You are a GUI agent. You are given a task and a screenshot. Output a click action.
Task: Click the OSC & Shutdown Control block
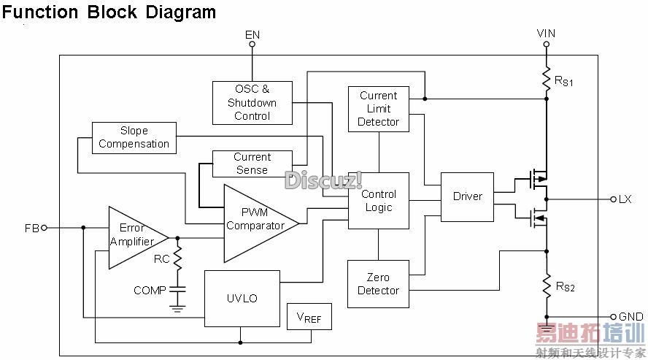pos(252,102)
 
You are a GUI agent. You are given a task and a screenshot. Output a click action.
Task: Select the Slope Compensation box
pos(134,138)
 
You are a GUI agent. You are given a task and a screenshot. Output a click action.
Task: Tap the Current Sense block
pos(252,164)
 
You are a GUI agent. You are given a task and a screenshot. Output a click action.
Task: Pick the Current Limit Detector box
pos(378,109)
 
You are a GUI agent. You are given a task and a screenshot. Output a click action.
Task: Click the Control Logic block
pos(378,201)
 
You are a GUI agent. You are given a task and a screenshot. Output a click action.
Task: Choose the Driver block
pos(467,196)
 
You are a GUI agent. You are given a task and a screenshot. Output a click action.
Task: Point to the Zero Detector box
pos(378,284)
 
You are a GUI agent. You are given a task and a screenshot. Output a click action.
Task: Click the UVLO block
pos(242,299)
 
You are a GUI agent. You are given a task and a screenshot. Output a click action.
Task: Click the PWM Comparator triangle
pos(255,219)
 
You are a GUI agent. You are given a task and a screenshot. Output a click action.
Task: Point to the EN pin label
pos(252,34)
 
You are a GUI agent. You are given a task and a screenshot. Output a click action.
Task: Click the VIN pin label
pos(546,34)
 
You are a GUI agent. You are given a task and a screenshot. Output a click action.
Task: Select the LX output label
pos(625,199)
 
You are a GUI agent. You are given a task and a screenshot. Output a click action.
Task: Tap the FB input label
pos(31,228)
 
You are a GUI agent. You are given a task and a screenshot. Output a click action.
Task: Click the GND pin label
pos(631,317)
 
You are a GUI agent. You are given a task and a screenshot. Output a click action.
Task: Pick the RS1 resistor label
pos(564,82)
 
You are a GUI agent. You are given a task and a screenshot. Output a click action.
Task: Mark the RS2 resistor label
pos(565,287)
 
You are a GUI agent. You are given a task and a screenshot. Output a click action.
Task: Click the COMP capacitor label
pos(150,290)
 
